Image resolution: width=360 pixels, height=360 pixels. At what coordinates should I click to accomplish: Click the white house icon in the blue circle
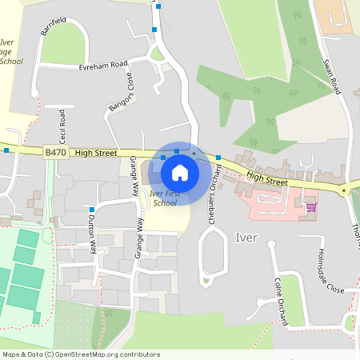(x=180, y=171)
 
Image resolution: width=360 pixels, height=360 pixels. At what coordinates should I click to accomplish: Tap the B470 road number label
(x=55, y=152)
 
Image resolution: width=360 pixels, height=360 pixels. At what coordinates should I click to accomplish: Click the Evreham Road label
(x=103, y=65)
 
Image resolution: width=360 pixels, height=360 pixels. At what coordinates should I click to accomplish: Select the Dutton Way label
(x=91, y=236)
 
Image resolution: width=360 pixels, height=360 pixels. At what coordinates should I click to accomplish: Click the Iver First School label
(x=164, y=198)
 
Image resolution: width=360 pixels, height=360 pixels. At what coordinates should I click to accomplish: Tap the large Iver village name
(x=246, y=238)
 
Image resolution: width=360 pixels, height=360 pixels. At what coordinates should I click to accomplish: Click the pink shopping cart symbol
(x=311, y=207)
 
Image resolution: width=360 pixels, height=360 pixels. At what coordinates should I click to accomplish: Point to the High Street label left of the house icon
(x=95, y=152)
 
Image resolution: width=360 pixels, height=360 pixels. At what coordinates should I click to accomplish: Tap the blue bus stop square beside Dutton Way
(x=92, y=209)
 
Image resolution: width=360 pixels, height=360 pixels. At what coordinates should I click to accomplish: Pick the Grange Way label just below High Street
(x=134, y=178)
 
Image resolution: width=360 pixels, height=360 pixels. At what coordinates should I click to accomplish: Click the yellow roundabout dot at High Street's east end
(x=343, y=191)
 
